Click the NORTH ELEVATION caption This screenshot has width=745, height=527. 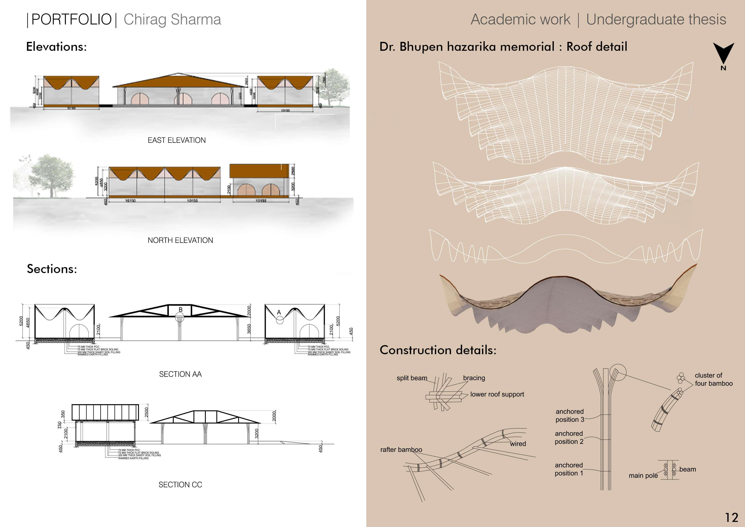click(180, 240)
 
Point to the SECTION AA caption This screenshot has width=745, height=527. click(180, 374)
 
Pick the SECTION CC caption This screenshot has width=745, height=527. click(180, 484)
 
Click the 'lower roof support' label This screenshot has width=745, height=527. click(497, 394)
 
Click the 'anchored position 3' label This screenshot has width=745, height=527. click(570, 415)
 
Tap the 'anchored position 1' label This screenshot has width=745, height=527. click(569, 469)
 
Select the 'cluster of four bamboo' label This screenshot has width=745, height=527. click(714, 379)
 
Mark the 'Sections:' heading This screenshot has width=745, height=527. click(52, 269)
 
